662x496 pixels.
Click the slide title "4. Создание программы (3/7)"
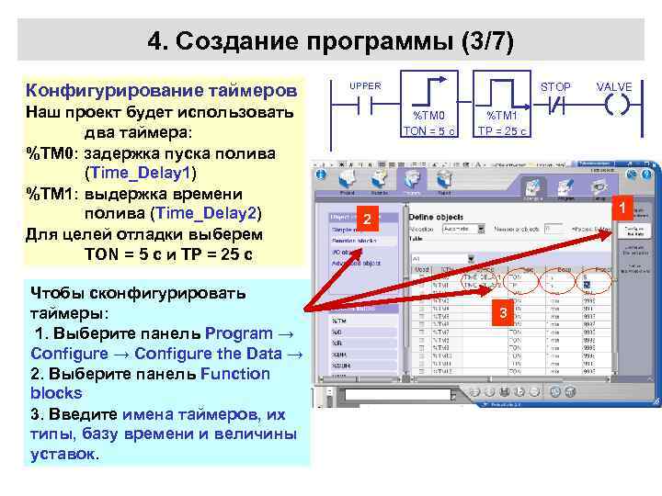331,41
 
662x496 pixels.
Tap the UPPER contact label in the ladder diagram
365,86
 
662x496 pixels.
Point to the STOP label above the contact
555,87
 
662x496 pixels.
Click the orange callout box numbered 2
366,220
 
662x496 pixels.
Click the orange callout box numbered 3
503,315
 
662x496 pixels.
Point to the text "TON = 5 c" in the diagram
429,132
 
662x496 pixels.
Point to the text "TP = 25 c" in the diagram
502,132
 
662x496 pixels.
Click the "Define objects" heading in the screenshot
438,218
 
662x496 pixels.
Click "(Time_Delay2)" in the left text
207,213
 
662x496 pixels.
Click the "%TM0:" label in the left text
53,152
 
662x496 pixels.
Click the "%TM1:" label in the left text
53,193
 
